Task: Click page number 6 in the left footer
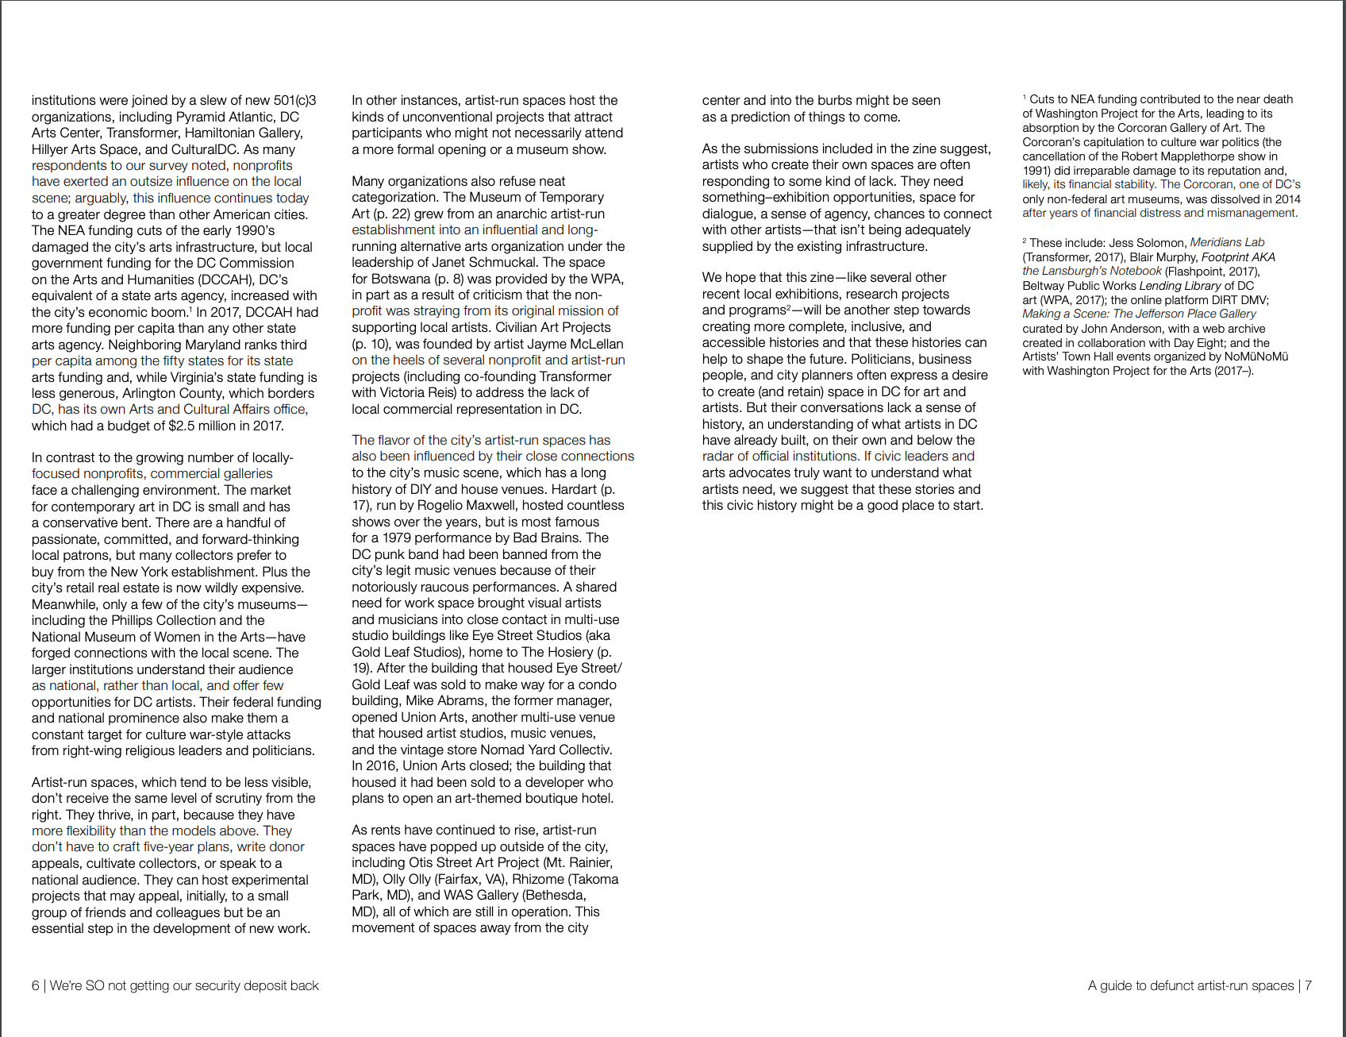click(x=35, y=985)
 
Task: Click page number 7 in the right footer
click(x=1308, y=985)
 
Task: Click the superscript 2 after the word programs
click(x=788, y=306)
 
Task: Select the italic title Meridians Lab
click(x=1227, y=242)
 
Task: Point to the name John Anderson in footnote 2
click(x=1113, y=329)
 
